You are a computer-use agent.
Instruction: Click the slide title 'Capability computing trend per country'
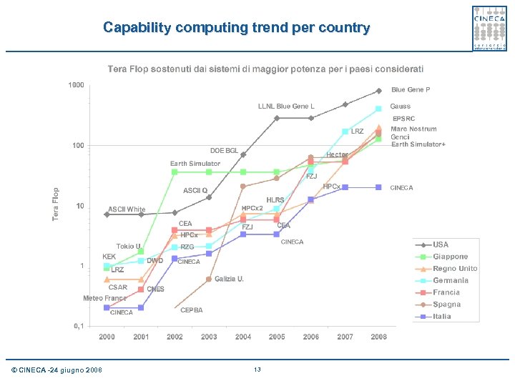(x=236, y=28)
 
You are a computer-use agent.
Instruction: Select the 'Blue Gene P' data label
(x=411, y=90)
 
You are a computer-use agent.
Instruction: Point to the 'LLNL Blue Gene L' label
(x=286, y=107)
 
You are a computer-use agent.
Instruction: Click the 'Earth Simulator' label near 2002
(x=195, y=164)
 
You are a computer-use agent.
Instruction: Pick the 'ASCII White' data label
(x=127, y=209)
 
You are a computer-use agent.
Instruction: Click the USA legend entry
(x=441, y=244)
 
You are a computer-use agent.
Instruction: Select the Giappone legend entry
(x=450, y=257)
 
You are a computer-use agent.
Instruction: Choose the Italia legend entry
(x=442, y=316)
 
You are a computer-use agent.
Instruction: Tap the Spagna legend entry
(x=446, y=305)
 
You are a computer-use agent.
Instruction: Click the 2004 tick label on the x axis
(x=243, y=337)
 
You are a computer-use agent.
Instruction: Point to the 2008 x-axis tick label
(x=378, y=337)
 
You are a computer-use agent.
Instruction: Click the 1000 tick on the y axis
(x=76, y=85)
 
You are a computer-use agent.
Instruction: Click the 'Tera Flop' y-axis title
(x=56, y=204)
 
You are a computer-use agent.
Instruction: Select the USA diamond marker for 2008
(x=379, y=91)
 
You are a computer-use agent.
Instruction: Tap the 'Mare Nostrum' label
(x=413, y=129)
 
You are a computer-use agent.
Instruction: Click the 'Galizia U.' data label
(x=229, y=278)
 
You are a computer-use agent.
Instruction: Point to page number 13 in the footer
(x=257, y=369)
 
